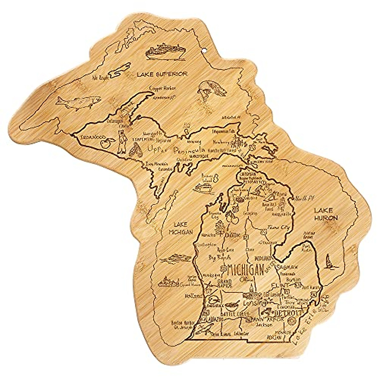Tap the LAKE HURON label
pyautogui.click(x=326, y=214)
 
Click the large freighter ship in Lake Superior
pyautogui.click(x=166, y=52)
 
